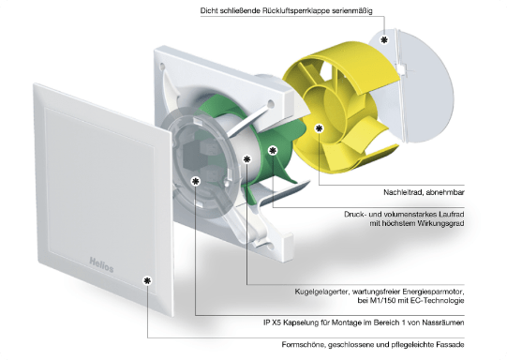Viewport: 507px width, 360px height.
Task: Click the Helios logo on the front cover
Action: coord(101,265)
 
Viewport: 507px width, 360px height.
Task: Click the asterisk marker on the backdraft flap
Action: coord(384,40)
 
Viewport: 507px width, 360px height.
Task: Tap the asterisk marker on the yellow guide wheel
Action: coord(320,128)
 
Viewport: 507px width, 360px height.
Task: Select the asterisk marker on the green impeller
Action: coord(274,150)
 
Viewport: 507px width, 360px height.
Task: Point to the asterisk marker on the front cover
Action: coord(147,280)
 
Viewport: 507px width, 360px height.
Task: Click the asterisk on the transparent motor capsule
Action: coord(196,182)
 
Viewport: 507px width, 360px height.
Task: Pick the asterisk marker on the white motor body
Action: coord(247,159)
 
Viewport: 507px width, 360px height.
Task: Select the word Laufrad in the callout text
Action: coord(452,214)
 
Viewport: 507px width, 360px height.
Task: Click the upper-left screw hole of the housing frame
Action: coord(162,67)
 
